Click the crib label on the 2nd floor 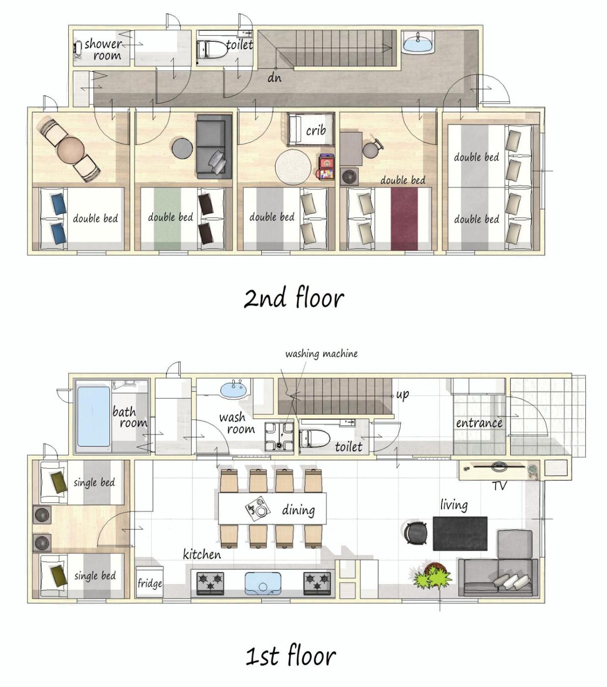(x=316, y=130)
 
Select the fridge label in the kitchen (x=150, y=583)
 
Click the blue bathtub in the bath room (x=93, y=417)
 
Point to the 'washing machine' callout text (x=321, y=354)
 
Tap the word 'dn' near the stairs (x=274, y=78)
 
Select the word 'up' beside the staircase (x=402, y=395)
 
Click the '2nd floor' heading (x=294, y=297)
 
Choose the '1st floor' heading (x=291, y=656)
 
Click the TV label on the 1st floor (x=499, y=486)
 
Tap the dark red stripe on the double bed (x=404, y=219)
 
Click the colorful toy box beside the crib (x=325, y=166)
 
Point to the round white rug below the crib (x=293, y=167)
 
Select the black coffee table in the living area (x=460, y=534)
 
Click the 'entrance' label (x=479, y=423)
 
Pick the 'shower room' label (x=103, y=50)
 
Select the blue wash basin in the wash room (x=234, y=389)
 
